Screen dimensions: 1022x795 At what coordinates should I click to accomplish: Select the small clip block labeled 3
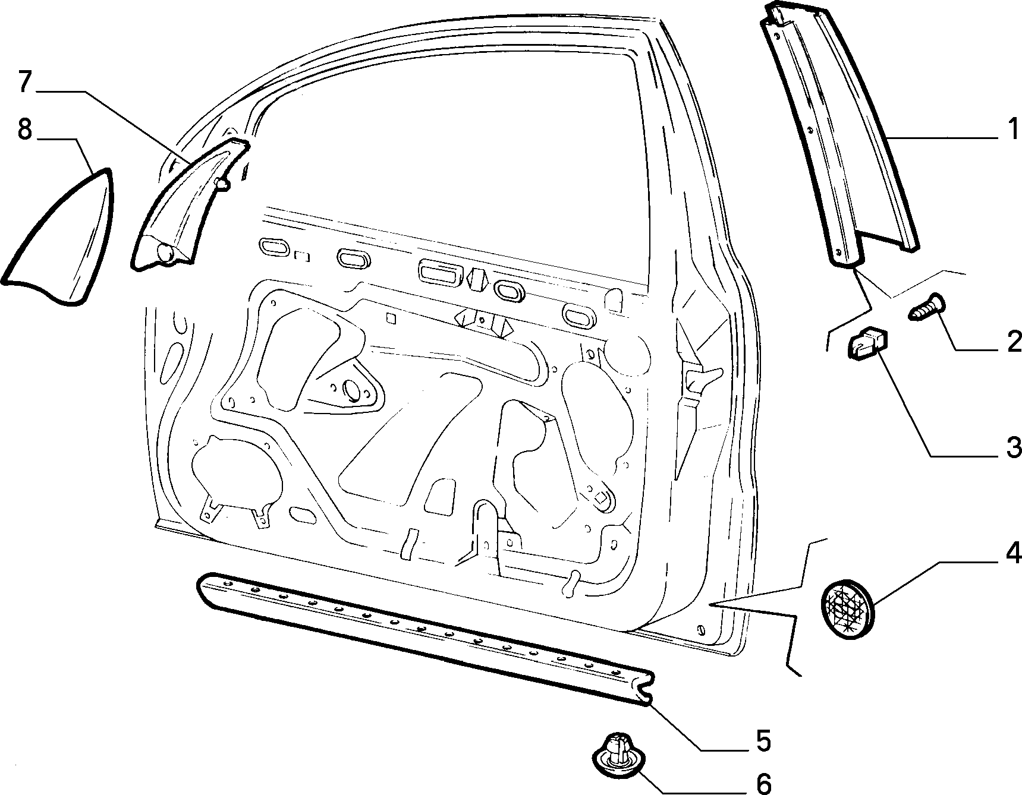pyautogui.click(x=866, y=343)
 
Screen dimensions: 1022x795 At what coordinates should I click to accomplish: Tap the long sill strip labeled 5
pyautogui.click(x=425, y=639)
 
